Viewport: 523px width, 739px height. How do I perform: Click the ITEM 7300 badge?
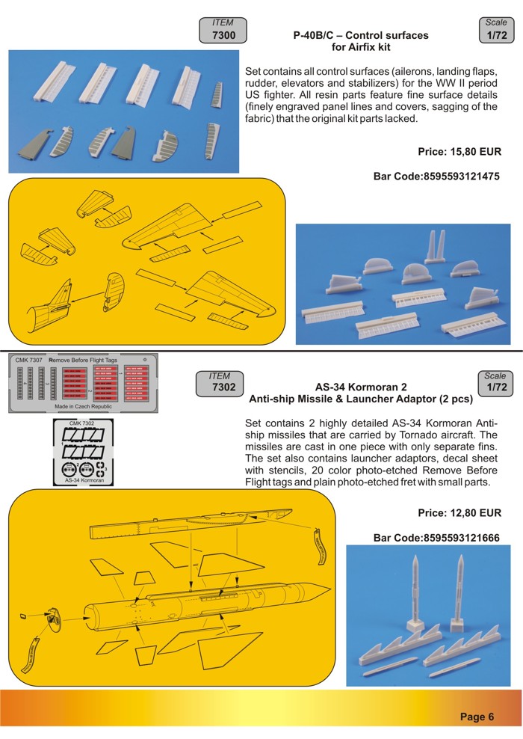[223, 30]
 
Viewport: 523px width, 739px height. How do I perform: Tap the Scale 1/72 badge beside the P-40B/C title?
[495, 29]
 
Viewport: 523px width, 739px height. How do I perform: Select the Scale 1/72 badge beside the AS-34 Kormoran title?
[495, 382]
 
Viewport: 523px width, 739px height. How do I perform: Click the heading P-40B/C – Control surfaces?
[361, 35]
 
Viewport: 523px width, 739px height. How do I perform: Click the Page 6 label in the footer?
[477, 717]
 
